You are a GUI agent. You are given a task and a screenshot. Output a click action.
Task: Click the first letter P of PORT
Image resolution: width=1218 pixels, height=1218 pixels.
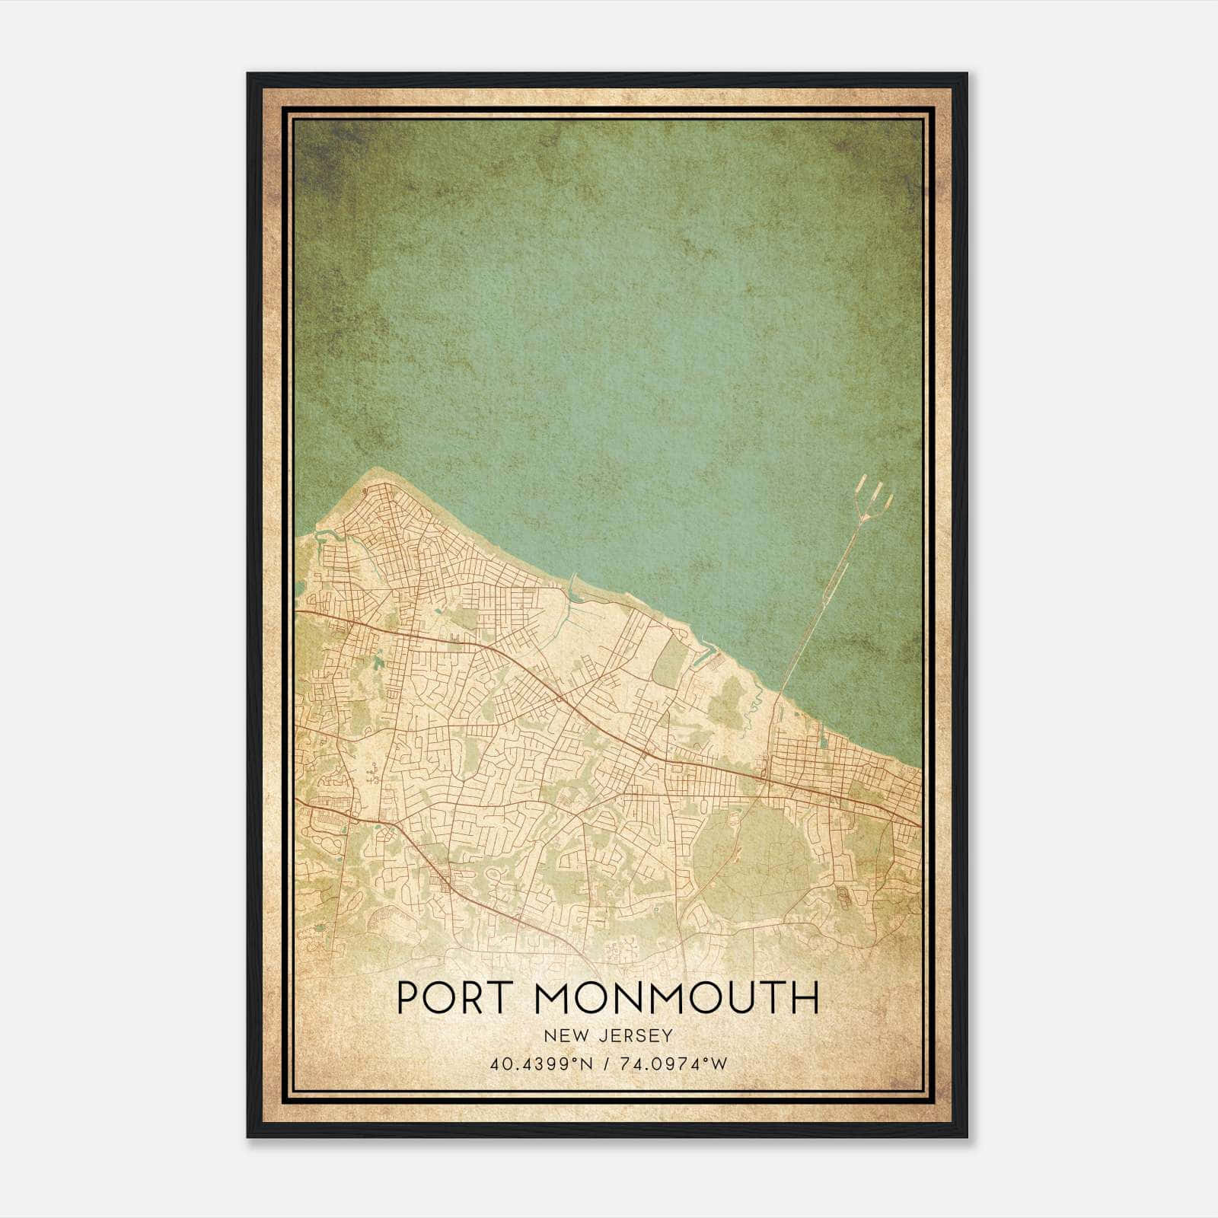[x=408, y=998]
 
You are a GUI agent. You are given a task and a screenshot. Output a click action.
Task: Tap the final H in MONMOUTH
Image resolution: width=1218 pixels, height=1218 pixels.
[x=805, y=998]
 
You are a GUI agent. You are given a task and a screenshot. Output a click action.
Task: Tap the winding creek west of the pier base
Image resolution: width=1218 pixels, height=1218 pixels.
[x=754, y=704]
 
